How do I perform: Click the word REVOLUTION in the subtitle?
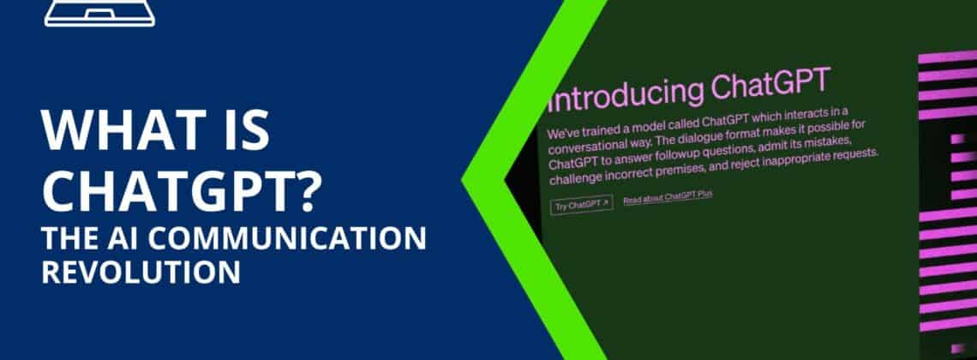pyautogui.click(x=141, y=273)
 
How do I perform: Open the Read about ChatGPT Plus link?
pyautogui.click(x=668, y=197)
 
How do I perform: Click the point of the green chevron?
pyautogui.click(x=462, y=181)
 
